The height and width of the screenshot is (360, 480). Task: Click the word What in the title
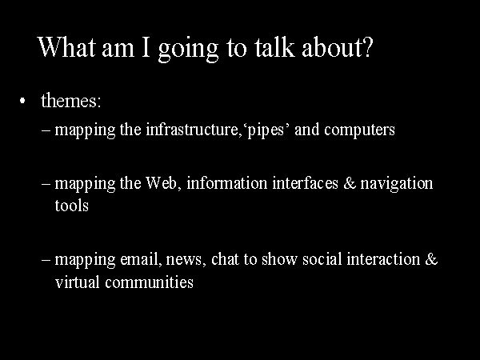pyautogui.click(x=66, y=47)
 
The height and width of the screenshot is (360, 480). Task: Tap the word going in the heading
pyautogui.click(x=188, y=50)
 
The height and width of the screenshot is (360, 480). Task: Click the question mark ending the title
pyautogui.click(x=367, y=47)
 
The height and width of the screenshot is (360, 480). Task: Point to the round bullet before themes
pyautogui.click(x=22, y=101)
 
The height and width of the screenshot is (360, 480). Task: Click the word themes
pyautogui.click(x=71, y=100)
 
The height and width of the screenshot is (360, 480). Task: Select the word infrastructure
pyautogui.click(x=192, y=129)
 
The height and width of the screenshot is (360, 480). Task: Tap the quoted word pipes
pyautogui.click(x=266, y=130)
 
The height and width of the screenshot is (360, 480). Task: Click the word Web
pyautogui.click(x=162, y=183)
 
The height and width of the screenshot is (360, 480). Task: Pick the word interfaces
pyautogui.click(x=306, y=183)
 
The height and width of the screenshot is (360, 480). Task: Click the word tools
pyautogui.click(x=72, y=206)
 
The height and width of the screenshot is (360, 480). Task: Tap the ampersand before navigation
pyautogui.click(x=350, y=183)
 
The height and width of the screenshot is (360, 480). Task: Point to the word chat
pyautogui.click(x=225, y=259)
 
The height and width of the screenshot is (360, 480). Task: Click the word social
pyautogui.click(x=322, y=259)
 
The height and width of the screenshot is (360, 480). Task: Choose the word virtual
pyautogui.click(x=78, y=282)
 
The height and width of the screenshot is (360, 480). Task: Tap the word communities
pyautogui.click(x=149, y=282)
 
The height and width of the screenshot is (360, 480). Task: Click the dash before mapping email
pyautogui.click(x=46, y=260)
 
